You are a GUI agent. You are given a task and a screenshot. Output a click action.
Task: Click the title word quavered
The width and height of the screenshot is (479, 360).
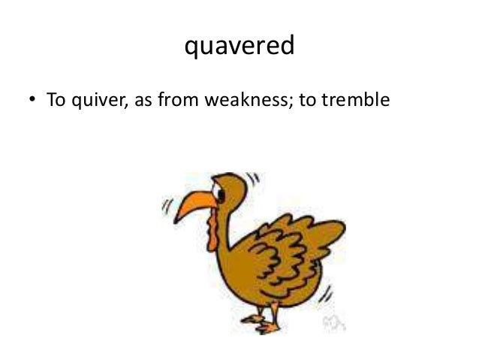coord(239,47)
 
